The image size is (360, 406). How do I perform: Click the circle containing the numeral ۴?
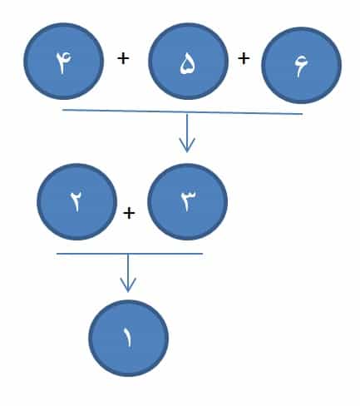pos(63,61)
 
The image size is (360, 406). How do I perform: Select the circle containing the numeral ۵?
pos(188,62)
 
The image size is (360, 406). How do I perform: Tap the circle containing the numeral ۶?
pos(302,65)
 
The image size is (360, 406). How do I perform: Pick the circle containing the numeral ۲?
pos(77,201)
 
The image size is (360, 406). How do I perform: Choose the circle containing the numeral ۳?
pos(188,202)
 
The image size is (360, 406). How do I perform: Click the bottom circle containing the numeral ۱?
pos(129,338)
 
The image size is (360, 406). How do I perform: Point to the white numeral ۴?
pos(63,62)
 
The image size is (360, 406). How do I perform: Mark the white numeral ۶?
pos(300,67)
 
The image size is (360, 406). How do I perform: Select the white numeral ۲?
pos(76,202)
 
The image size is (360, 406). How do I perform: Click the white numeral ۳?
pos(188,201)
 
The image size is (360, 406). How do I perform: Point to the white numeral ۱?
pos(127,337)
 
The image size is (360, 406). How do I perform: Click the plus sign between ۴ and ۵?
pos(123,58)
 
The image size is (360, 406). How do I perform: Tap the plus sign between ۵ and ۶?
pos(244,58)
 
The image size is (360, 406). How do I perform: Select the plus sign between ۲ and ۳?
pos(129,213)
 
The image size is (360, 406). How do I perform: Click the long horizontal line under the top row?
pos(182,112)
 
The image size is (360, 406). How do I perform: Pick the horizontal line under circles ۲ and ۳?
pos(130,254)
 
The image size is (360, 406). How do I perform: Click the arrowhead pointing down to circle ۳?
pos(187,145)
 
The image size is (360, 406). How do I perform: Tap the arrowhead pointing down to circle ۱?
pos(128,285)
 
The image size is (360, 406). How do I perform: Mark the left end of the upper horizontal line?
pos(62,111)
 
